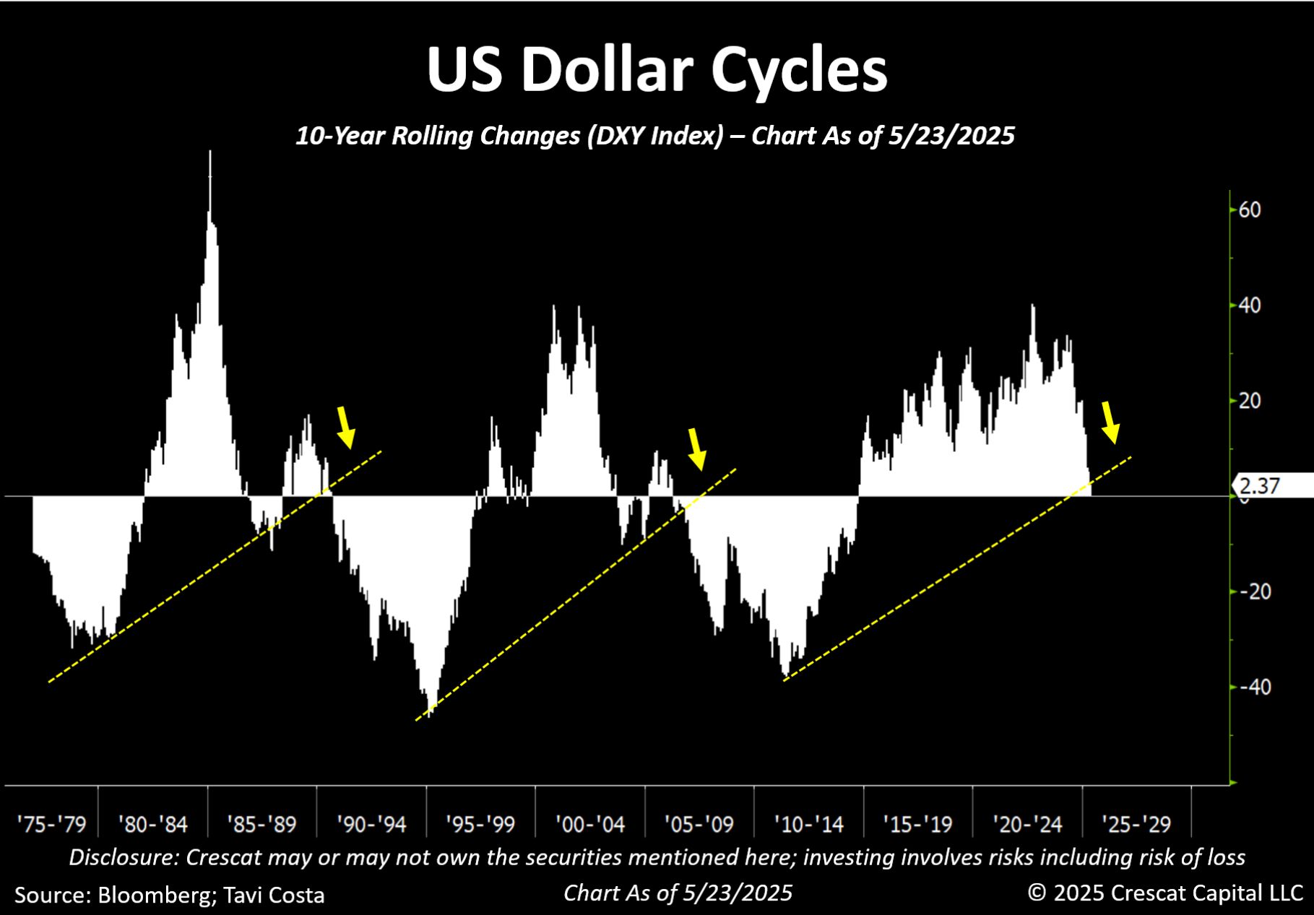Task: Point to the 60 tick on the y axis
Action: click(1250, 210)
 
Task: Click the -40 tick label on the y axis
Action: click(1255, 687)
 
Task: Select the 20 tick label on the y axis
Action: click(1250, 401)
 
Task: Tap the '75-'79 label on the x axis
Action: click(51, 824)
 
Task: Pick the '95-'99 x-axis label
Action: click(480, 824)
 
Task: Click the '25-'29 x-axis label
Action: click(1136, 824)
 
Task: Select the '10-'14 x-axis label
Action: click(808, 824)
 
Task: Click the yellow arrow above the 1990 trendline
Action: click(346, 427)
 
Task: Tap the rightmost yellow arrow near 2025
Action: click(1110, 422)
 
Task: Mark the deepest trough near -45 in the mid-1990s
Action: click(429, 715)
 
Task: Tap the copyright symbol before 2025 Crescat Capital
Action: click(1037, 893)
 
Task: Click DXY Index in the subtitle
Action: click(654, 136)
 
